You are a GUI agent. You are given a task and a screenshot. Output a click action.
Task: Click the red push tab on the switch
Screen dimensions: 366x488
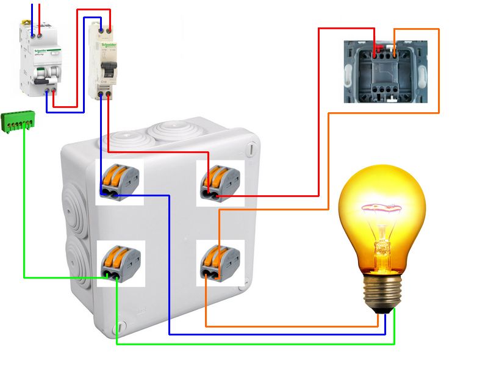pos(379,47)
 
